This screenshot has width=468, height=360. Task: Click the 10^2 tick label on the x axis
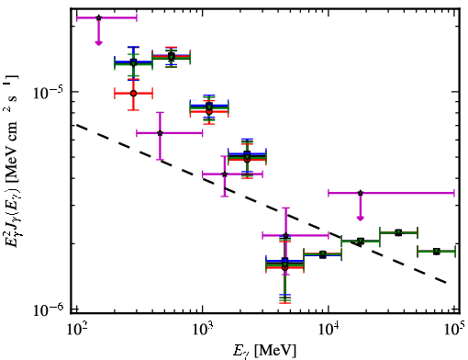[77, 330]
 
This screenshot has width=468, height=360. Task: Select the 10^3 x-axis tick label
[204, 330]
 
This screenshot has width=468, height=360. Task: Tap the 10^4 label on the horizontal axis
[329, 330]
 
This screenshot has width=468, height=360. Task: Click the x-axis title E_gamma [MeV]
[264, 351]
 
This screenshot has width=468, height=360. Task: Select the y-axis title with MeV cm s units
[12, 160]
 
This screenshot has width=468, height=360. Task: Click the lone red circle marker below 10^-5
[133, 94]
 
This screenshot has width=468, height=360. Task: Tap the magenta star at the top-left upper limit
[98, 17]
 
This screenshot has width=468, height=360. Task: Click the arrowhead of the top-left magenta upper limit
[98, 43]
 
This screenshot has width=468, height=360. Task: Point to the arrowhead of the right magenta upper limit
[361, 218]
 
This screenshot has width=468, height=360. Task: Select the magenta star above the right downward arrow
[361, 193]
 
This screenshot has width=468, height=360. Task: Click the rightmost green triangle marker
[437, 252]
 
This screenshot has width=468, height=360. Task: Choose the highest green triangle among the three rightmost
[398, 233]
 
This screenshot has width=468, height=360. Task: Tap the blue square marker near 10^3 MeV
[209, 106]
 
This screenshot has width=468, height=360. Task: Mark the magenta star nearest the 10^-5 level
[160, 133]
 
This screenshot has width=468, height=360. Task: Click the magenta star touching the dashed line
[225, 174]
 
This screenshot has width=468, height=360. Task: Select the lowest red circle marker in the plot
[285, 267]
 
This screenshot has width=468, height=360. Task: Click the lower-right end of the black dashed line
[447, 282]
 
